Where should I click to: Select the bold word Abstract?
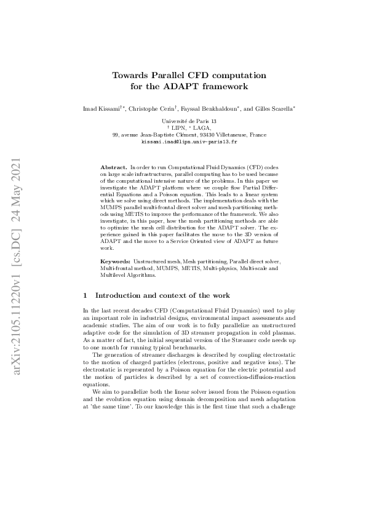pyautogui.click(x=114, y=167)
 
